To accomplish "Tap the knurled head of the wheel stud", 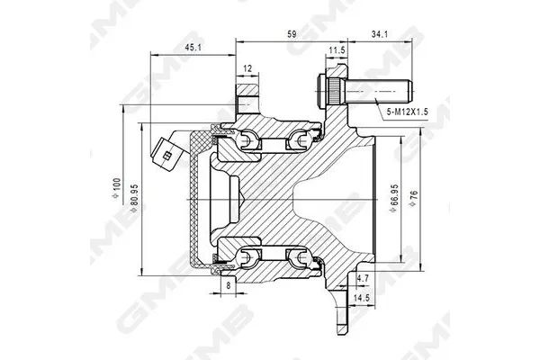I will tap(328, 91).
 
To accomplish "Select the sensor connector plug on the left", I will tap(166, 150).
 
